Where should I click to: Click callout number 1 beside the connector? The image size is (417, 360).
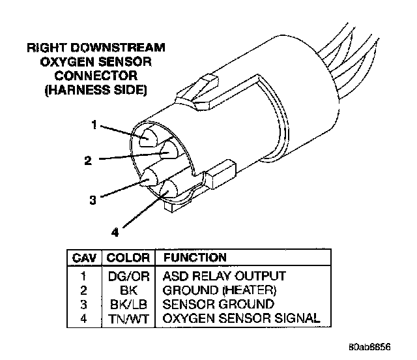[x=95, y=125]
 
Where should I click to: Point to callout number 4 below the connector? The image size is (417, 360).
[x=115, y=231]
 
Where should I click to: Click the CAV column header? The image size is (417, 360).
[x=84, y=258]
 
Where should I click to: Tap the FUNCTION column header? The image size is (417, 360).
[x=195, y=258]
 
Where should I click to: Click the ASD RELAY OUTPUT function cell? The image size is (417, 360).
[x=224, y=276]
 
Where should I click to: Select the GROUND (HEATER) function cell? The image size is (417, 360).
[x=219, y=290]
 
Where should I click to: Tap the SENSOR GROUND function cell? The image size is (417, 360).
[x=209, y=305]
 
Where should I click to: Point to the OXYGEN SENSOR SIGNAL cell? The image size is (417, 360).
[x=240, y=319]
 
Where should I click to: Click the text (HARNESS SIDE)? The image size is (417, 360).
[x=94, y=89]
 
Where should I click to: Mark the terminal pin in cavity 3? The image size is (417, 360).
[x=151, y=176]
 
